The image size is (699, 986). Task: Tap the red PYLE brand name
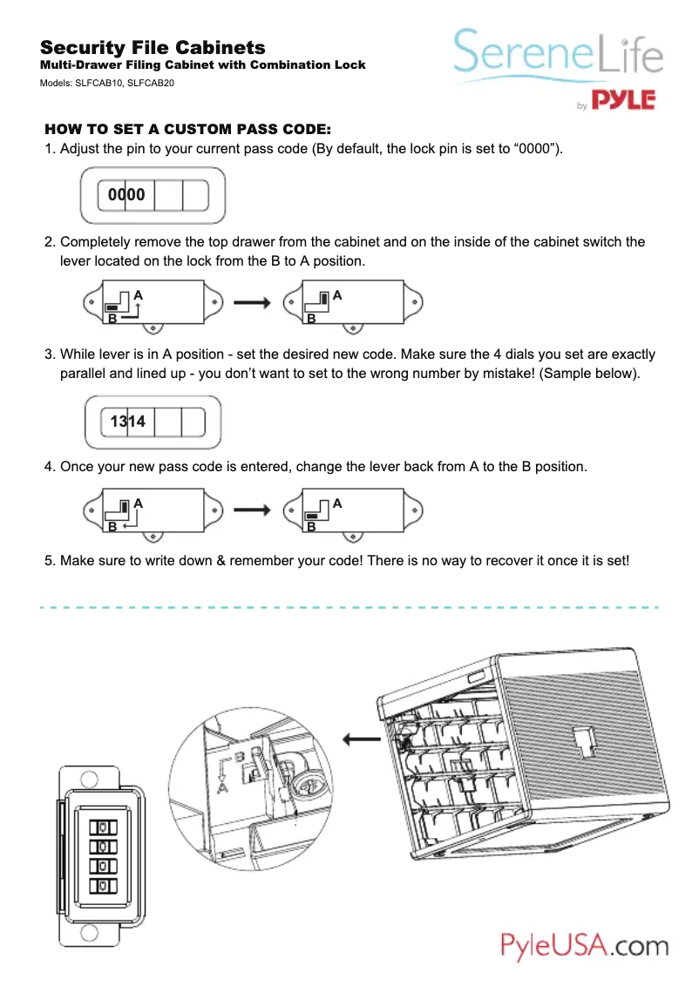coord(623,100)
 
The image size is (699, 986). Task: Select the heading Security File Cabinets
coord(153,47)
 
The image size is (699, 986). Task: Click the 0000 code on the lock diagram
coord(126,196)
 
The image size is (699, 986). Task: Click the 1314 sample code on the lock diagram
coord(127,422)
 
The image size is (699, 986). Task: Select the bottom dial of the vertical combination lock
coord(104,887)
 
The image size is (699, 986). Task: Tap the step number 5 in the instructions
coord(49,561)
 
